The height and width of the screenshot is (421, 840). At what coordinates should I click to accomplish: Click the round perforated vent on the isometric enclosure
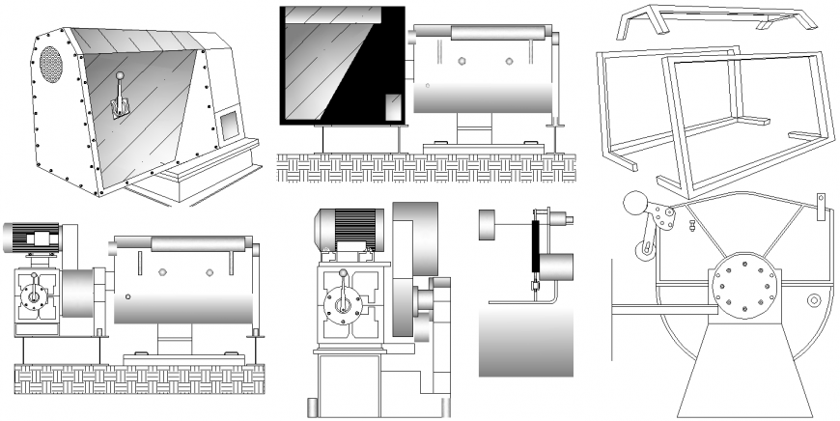click(x=50, y=64)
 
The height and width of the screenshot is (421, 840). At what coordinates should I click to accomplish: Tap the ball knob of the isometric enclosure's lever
click(x=119, y=77)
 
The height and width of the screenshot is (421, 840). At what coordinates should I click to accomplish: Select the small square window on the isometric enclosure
click(x=229, y=124)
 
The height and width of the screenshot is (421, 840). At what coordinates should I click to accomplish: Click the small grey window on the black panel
click(x=392, y=107)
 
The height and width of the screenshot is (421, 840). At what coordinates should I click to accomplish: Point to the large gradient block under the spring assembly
click(x=527, y=338)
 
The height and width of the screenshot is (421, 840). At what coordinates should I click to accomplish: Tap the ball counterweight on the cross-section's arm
click(x=634, y=204)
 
